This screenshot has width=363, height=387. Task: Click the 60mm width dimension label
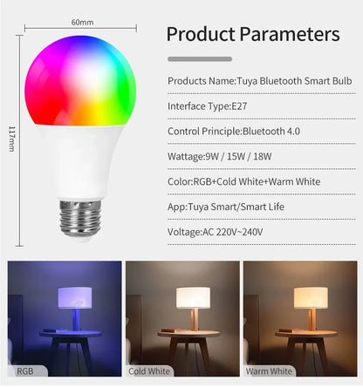click(83, 22)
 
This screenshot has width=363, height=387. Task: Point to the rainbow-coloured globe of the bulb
click(83, 83)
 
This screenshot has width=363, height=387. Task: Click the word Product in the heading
click(203, 34)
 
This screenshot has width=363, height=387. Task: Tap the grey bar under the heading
click(199, 58)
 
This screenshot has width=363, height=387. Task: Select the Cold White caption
click(149, 371)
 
